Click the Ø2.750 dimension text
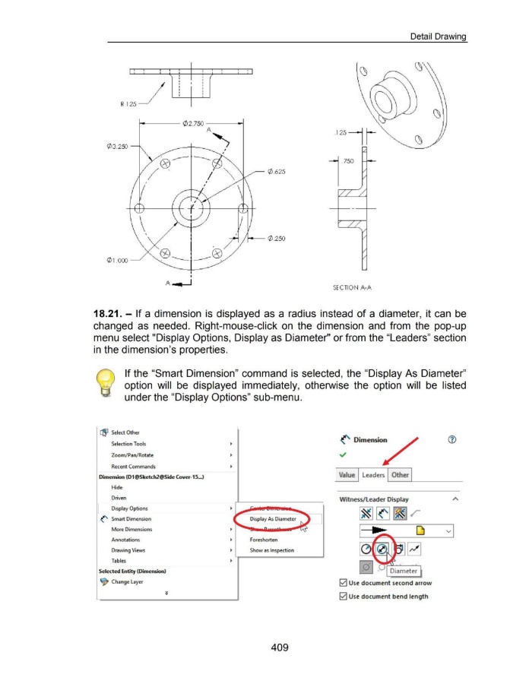tap(195, 122)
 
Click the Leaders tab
tap(372, 474)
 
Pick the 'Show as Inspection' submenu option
tap(271, 551)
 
